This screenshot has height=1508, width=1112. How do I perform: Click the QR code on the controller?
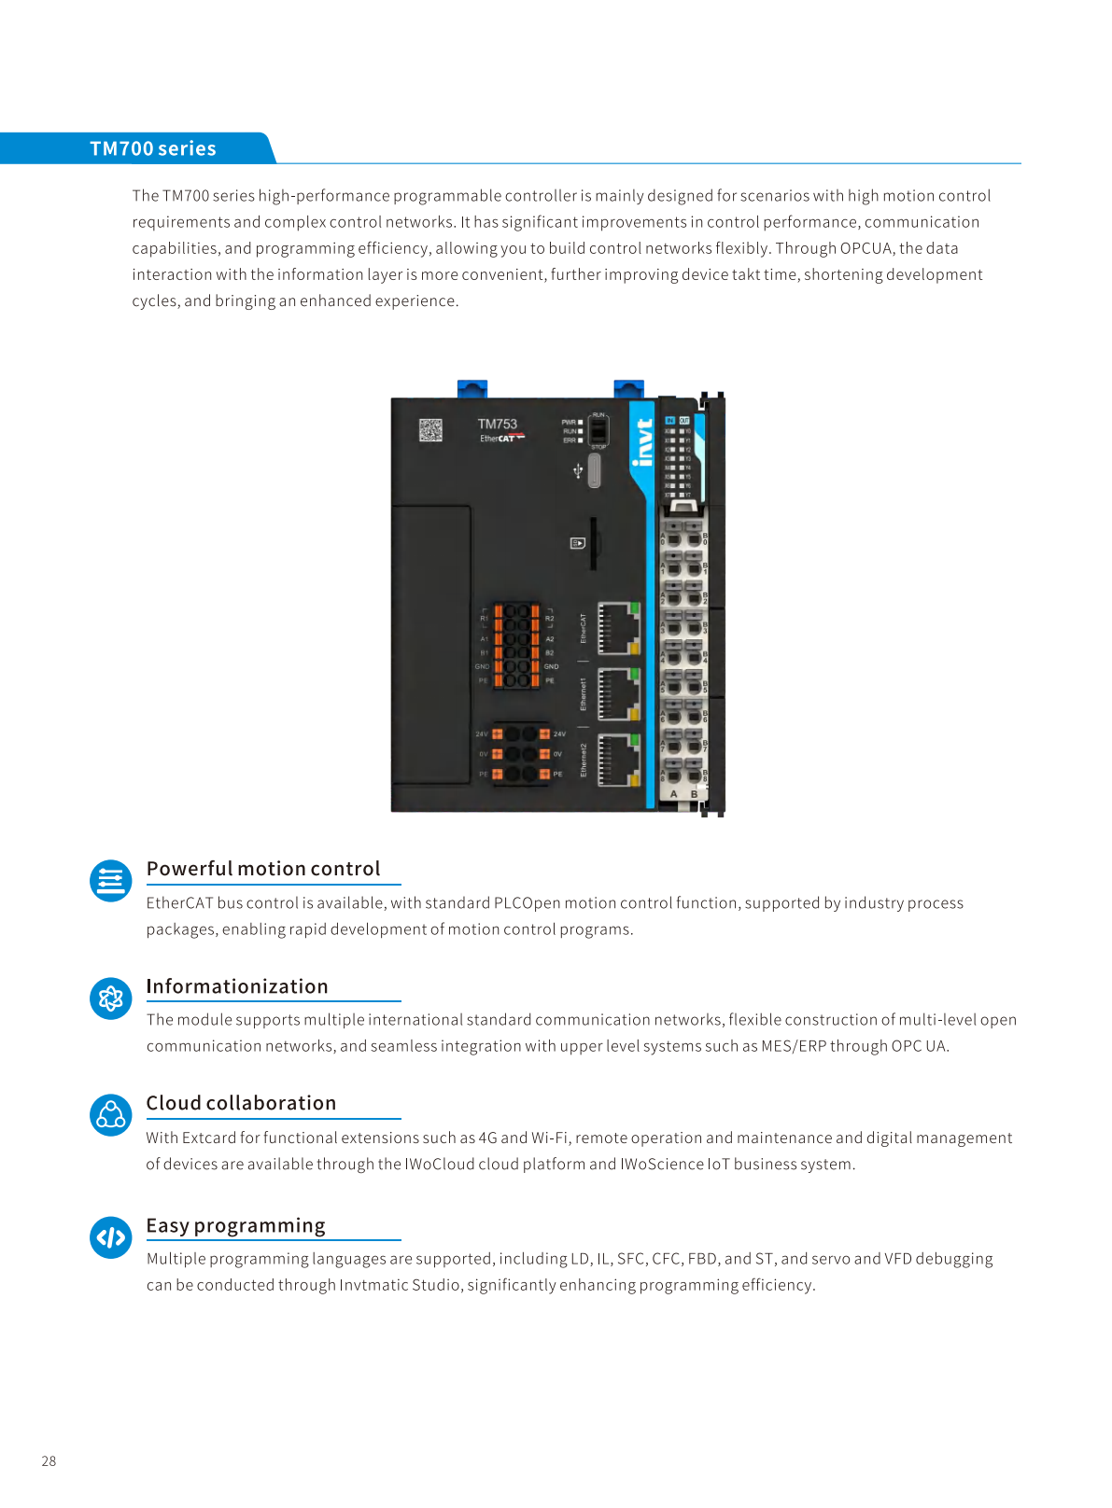click(x=430, y=430)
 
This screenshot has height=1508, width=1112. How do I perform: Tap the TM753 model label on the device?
click(x=497, y=424)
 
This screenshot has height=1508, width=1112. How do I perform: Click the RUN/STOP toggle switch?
click(x=598, y=430)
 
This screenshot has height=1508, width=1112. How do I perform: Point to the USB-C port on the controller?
click(x=594, y=470)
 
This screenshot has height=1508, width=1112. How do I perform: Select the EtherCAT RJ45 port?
click(x=617, y=628)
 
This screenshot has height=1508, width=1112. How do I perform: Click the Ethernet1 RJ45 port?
click(x=617, y=694)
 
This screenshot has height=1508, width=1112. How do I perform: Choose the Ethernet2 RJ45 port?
click(x=617, y=761)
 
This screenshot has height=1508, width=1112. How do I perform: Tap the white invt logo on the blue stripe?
click(x=642, y=442)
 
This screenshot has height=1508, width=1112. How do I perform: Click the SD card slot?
click(x=593, y=543)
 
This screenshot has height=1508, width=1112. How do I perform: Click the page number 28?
click(x=49, y=1460)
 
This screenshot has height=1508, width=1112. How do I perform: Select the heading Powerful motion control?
click(x=263, y=869)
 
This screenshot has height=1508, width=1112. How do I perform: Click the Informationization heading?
click(x=237, y=986)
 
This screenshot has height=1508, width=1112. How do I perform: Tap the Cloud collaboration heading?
click(x=241, y=1103)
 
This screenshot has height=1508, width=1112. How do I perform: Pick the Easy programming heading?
click(x=235, y=1225)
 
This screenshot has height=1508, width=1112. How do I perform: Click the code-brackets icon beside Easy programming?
click(x=111, y=1237)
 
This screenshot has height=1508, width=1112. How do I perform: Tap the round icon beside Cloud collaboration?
click(x=111, y=1115)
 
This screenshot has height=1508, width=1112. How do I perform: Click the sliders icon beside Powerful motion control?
click(x=111, y=881)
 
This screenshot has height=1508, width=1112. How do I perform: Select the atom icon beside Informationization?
click(x=111, y=998)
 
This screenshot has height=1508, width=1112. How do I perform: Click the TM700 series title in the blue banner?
click(x=153, y=148)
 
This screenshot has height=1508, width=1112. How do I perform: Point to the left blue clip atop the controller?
click(x=472, y=388)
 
